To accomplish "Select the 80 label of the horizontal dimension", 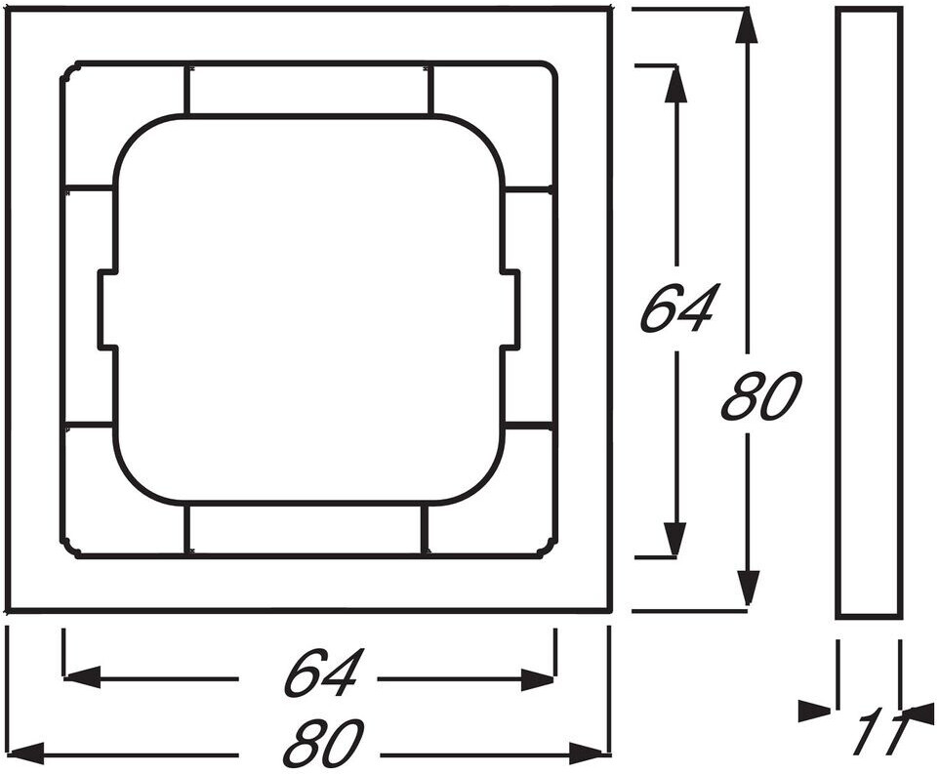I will click(x=323, y=746).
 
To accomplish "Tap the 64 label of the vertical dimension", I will click(x=679, y=308).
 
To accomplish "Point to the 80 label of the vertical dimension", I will click(x=760, y=396).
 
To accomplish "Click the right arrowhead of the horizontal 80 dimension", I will click(x=592, y=752).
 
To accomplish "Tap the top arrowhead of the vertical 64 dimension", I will click(x=674, y=83).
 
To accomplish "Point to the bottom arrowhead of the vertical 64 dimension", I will click(x=674, y=539).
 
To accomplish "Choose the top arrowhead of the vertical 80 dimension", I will click(x=747, y=25).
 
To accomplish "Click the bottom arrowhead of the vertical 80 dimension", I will click(x=748, y=589).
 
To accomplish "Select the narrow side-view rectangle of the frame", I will click(x=869, y=312).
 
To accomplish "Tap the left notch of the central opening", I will click(x=107, y=310).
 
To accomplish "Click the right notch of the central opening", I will click(x=510, y=310).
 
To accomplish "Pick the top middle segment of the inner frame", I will click(x=307, y=90).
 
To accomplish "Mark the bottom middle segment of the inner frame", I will click(x=306, y=530).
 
